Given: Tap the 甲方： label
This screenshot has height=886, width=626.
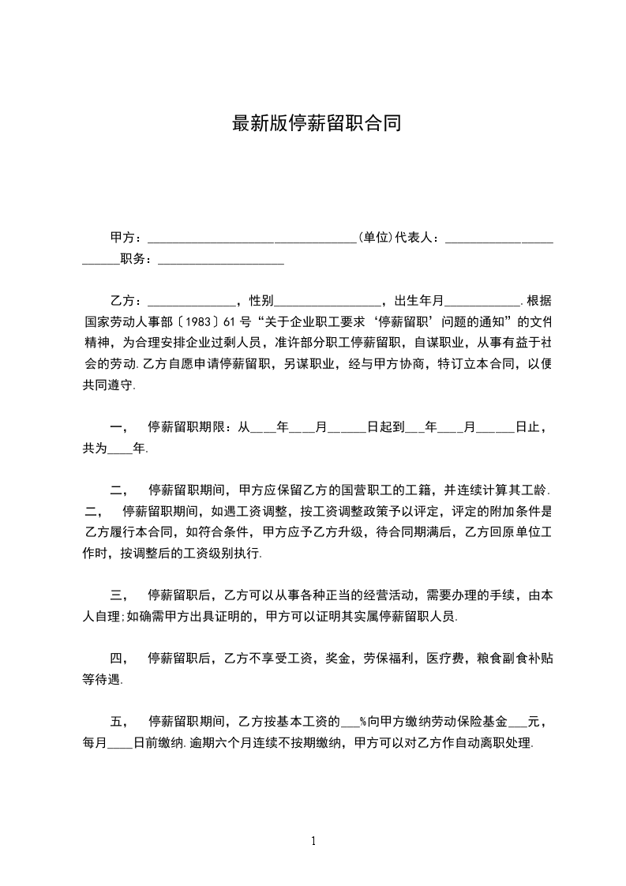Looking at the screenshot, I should coord(126,238).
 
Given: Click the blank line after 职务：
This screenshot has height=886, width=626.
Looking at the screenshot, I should coord(221,259).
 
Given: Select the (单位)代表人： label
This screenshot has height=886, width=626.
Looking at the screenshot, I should coord(401,238).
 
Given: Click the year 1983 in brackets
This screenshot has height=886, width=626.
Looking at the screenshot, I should coord(203,322).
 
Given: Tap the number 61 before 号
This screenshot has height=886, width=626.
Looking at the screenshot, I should coord(230,322).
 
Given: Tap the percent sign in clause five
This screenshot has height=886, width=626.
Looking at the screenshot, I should coord(364,722).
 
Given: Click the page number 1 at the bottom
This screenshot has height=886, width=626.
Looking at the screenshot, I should coord(313,841).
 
